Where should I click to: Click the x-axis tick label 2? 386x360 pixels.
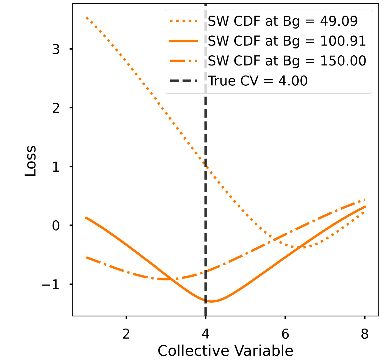tap(126, 334)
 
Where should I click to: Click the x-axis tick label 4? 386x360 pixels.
tap(205, 334)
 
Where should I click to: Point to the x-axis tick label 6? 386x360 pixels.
tap(285, 334)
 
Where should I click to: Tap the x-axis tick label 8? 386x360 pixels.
tap(365, 334)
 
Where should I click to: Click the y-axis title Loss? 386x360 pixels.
tap(31, 161)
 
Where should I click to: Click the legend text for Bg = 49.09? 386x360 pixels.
tap(282, 21)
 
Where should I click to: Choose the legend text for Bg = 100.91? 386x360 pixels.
tap(287, 41)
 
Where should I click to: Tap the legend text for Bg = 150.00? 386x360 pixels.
tap(287, 61)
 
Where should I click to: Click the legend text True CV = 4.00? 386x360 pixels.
tap(258, 81)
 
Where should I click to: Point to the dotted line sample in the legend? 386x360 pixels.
tap(184, 21)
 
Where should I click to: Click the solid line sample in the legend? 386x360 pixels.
tap(184, 41)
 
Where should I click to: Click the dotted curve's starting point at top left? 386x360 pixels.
tap(87, 18)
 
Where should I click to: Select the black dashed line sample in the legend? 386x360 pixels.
tap(184, 81)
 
